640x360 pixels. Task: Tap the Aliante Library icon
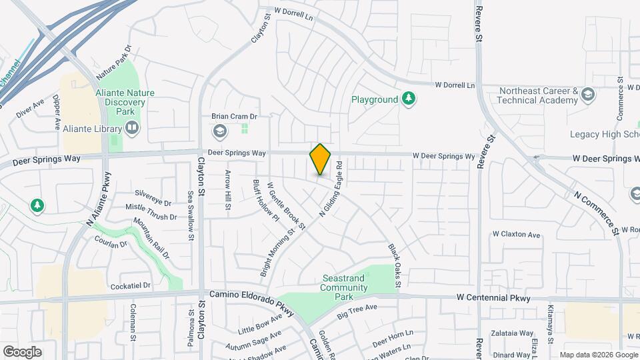(x=132, y=127)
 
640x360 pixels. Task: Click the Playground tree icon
(x=409, y=99)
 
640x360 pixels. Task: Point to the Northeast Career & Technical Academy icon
(x=587, y=95)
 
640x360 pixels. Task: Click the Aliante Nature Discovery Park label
(x=120, y=98)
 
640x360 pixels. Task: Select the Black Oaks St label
(x=393, y=265)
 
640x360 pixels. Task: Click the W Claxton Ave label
(x=516, y=235)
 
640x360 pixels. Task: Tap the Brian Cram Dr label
(x=234, y=116)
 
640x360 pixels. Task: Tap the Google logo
(x=22, y=351)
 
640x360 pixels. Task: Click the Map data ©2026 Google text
(x=598, y=355)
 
